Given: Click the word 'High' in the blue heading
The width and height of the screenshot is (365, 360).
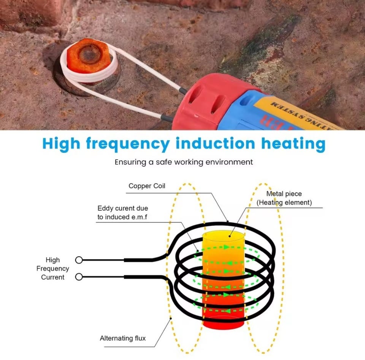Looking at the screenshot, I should (61, 144).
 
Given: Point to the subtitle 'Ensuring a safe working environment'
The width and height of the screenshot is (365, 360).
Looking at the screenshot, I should (184, 162).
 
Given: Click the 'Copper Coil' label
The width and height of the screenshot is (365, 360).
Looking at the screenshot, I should (147, 186).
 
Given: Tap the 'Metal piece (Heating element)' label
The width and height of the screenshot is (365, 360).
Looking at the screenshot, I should (284, 198).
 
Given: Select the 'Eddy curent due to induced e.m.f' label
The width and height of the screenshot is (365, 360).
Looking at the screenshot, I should (123, 213).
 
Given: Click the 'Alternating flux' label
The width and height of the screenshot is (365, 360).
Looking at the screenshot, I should (122, 338).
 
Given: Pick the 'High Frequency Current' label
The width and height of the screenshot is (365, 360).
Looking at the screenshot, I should (52, 269).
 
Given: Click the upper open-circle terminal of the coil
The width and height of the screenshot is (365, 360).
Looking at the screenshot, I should (79, 260).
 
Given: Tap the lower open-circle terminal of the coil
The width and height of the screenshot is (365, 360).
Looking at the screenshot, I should (79, 277).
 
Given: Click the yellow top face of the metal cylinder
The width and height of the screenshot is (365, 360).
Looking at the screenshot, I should (223, 236).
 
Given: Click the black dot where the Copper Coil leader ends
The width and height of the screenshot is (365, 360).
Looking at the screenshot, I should (227, 221).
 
